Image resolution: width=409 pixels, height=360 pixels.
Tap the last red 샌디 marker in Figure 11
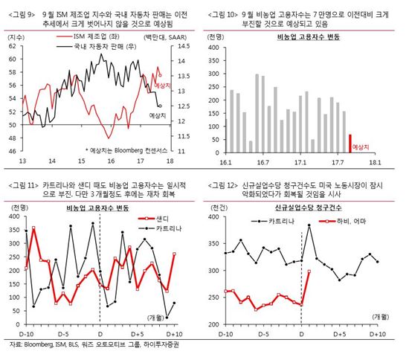[x=173, y=254]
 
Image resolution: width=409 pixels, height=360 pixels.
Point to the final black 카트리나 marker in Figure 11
[x=173, y=303]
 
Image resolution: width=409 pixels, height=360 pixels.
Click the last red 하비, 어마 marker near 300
[x=308, y=271]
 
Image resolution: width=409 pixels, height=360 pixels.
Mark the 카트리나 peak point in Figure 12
[x=308, y=225]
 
